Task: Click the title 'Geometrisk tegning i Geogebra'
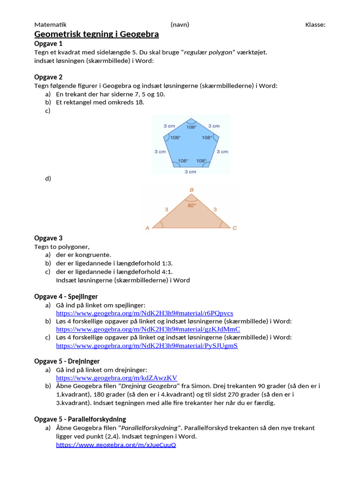(x=97, y=34)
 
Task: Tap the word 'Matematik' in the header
(x=51, y=24)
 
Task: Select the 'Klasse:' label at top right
(x=315, y=24)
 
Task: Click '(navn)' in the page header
(x=180, y=24)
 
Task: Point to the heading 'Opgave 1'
(x=48, y=44)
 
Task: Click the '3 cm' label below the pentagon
(x=190, y=172)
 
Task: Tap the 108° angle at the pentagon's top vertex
(x=191, y=127)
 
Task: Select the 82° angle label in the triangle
(x=191, y=205)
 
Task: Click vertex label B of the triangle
(x=191, y=190)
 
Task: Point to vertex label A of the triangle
(x=147, y=228)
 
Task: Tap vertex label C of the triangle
(x=234, y=228)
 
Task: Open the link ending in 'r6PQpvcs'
(x=144, y=313)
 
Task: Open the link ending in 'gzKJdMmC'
(x=148, y=330)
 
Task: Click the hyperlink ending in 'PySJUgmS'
(x=147, y=346)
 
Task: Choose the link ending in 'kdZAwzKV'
(x=117, y=378)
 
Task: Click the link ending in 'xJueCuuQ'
(x=116, y=444)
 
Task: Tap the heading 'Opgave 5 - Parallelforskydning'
(x=80, y=419)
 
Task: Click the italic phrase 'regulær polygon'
(x=209, y=52)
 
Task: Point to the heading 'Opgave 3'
(x=48, y=238)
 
